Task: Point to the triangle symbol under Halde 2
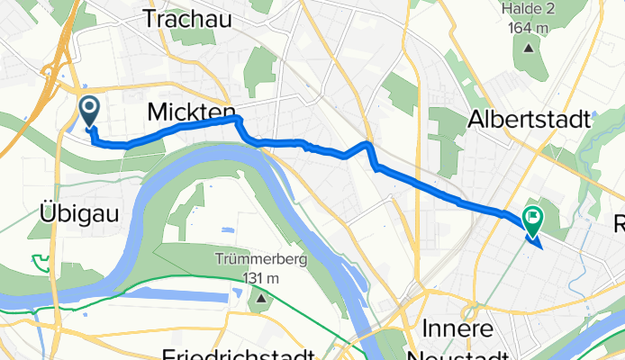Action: (x=526, y=48)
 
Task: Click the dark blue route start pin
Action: (x=90, y=111)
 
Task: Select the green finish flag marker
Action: (x=531, y=217)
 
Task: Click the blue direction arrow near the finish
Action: (x=534, y=240)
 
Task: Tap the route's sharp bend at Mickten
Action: (x=238, y=120)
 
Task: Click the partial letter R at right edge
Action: (x=619, y=224)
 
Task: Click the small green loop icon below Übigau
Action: (x=40, y=262)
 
